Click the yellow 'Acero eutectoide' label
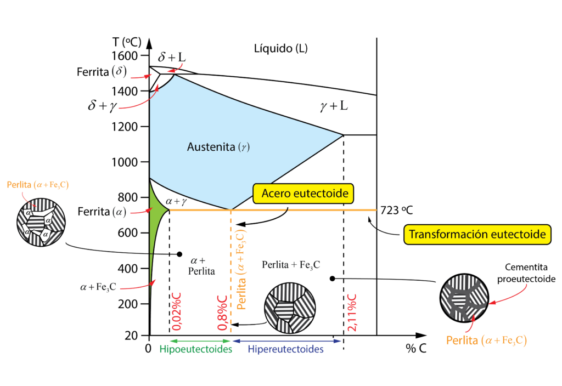pos(305,194)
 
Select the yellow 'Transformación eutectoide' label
pos(477,234)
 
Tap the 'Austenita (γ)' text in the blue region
pos(215,147)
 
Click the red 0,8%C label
pos(223,313)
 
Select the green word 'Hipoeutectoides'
pos(195,349)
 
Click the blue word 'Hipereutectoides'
pos(285,349)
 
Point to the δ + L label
pos(171,57)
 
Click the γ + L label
pos(334,106)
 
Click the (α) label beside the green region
pos(119,212)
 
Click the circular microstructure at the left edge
pos(41,222)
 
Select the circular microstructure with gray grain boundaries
pos(464,298)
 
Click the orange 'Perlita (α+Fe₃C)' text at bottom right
pos(486,340)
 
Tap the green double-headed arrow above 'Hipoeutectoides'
pos(195,341)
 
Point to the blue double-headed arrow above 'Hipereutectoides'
pos(287,341)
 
